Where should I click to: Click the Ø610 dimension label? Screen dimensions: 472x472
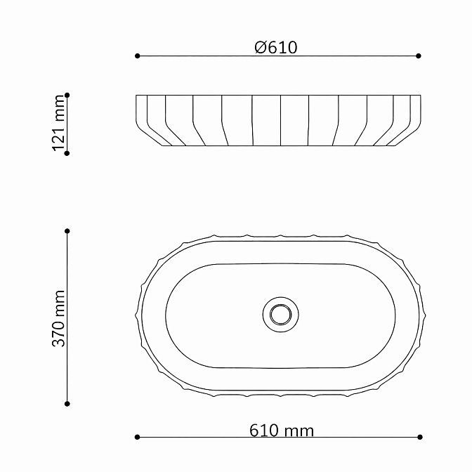pyautogui.click(x=276, y=48)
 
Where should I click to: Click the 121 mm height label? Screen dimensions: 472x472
pyautogui.click(x=59, y=123)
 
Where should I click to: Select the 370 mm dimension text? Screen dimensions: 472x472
pyautogui.click(x=59, y=318)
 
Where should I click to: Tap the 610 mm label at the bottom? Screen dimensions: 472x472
pyautogui.click(x=282, y=431)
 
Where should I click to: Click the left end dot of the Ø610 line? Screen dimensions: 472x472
pyautogui.click(x=137, y=56)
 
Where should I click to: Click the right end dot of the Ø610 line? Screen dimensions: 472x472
pyautogui.click(x=419, y=56)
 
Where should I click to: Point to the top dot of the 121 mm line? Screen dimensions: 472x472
pyautogui.click(x=67, y=95)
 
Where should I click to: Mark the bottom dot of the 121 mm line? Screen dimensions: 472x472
pyautogui.click(x=67, y=154)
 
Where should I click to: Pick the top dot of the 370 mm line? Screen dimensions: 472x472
pyautogui.click(x=67, y=231)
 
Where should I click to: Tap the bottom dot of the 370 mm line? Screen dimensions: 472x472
pyautogui.click(x=67, y=404)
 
